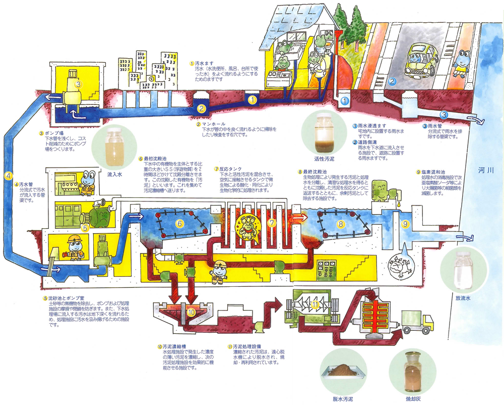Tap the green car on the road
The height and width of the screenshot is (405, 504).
coord(421,59)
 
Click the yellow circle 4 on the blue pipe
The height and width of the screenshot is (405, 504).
coord(9,176)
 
